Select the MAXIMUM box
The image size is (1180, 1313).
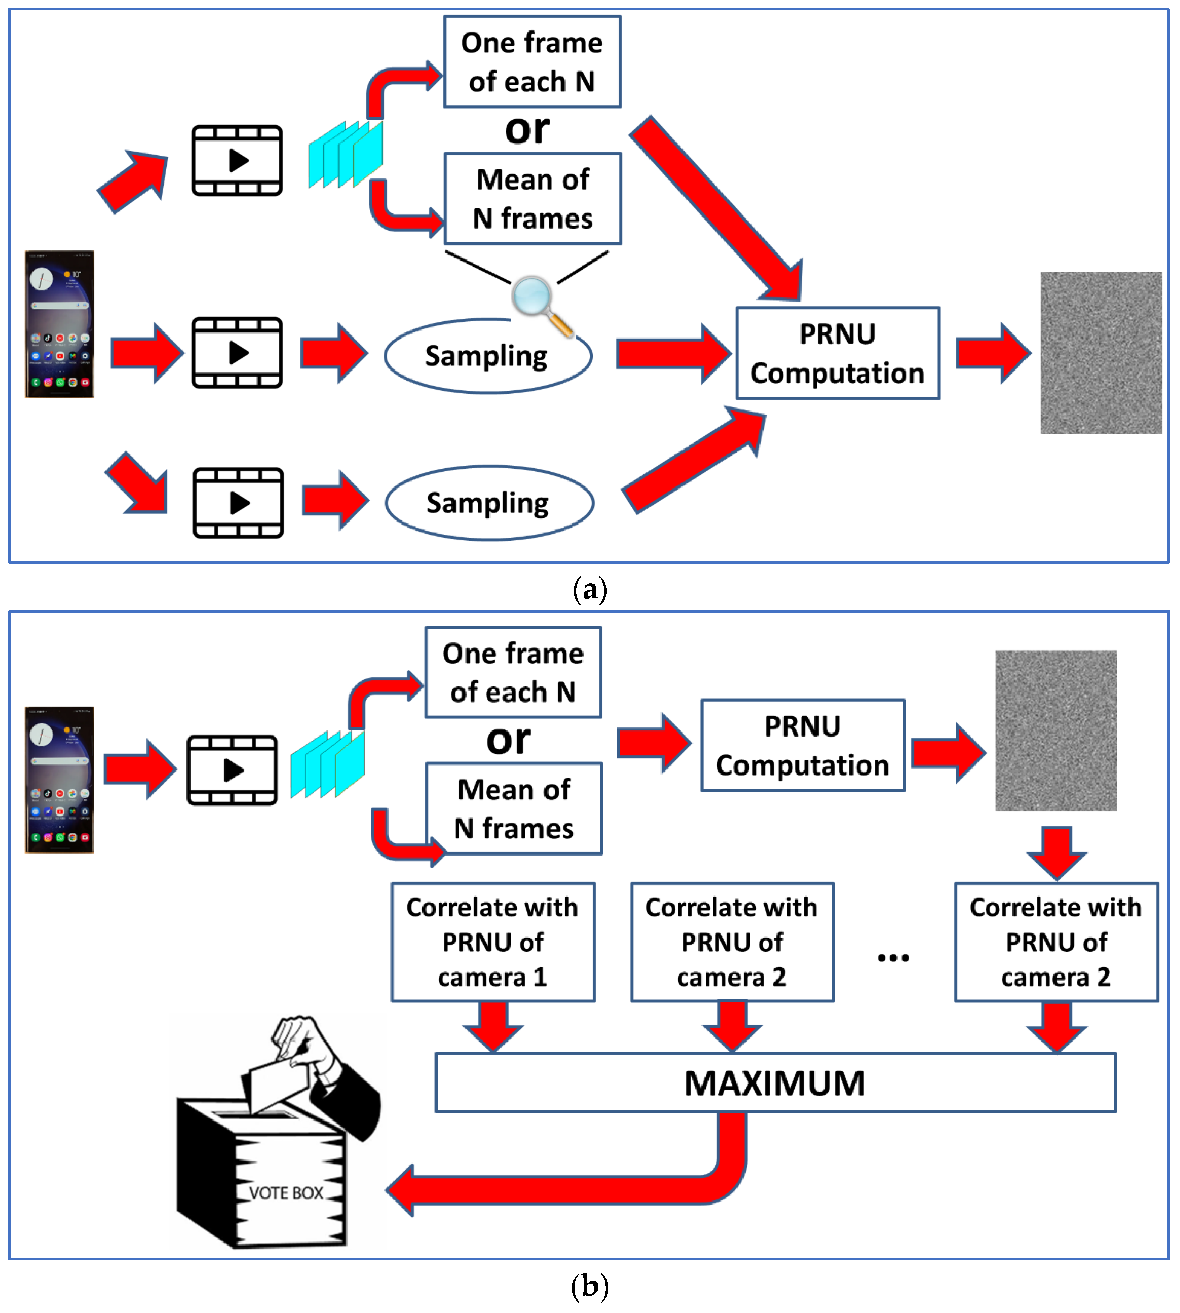click(775, 1083)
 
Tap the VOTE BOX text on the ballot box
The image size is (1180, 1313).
click(286, 1193)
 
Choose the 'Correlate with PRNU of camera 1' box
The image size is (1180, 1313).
click(493, 941)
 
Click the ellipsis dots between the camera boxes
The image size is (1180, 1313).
click(893, 958)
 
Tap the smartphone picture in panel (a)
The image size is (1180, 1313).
click(59, 324)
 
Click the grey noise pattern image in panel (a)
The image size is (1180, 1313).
click(1100, 353)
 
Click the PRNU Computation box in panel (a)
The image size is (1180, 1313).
click(837, 353)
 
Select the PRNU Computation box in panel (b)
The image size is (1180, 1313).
click(802, 746)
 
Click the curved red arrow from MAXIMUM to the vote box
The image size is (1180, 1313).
click(584, 1190)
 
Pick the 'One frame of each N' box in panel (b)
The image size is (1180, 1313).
click(513, 673)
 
